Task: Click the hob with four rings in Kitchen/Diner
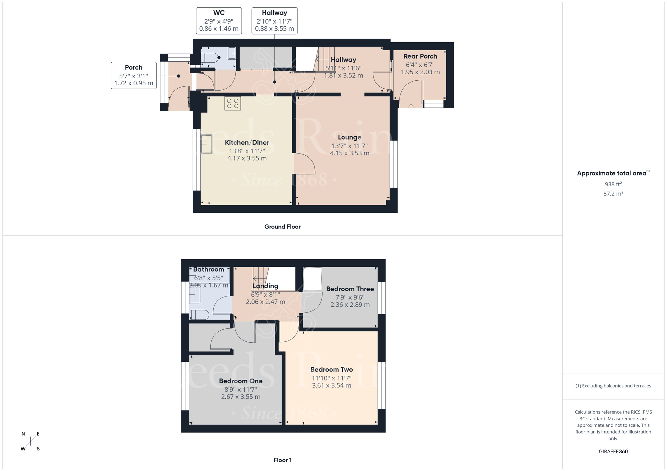(232, 103)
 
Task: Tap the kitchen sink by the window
(206, 144)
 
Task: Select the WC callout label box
(219, 21)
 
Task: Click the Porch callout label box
(133, 75)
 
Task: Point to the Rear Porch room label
(420, 56)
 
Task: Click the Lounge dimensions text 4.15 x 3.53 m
(350, 153)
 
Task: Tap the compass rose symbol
(30, 441)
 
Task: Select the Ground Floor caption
(282, 227)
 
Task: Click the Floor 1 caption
(282, 460)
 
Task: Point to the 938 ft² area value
(613, 184)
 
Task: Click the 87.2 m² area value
(613, 194)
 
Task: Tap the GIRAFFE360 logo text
(613, 452)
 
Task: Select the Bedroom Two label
(331, 369)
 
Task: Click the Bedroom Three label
(350, 289)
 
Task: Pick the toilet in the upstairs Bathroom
(200, 315)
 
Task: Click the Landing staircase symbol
(260, 275)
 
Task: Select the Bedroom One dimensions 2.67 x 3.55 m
(240, 397)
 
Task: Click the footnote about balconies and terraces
(613, 386)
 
